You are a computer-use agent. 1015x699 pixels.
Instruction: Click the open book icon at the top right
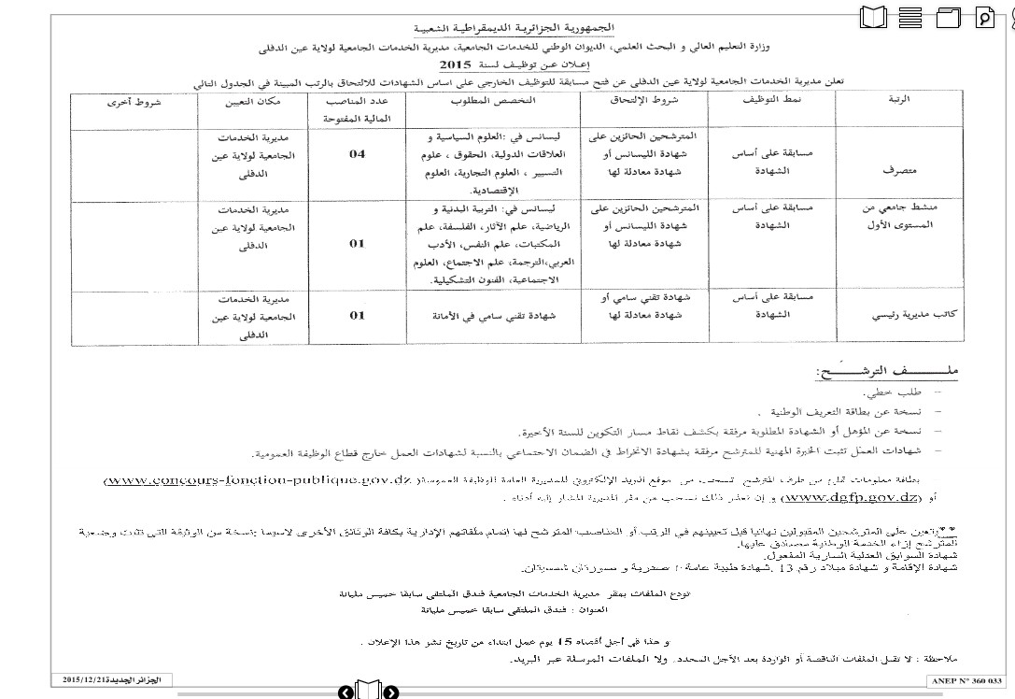click(x=873, y=17)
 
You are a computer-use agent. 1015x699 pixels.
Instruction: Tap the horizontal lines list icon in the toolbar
click(x=910, y=17)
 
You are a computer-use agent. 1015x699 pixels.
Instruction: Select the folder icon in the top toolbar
click(x=948, y=17)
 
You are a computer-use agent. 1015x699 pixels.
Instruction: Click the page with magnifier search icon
click(x=985, y=17)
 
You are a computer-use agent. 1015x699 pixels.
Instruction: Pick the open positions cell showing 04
click(x=358, y=154)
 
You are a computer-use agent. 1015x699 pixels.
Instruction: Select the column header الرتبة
click(x=901, y=98)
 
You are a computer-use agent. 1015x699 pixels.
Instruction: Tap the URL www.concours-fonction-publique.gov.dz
click(x=258, y=480)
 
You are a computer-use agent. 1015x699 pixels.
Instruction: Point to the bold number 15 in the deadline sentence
click(x=564, y=643)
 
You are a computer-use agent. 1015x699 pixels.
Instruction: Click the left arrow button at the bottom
click(x=345, y=692)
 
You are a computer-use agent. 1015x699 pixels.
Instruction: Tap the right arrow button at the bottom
click(x=391, y=692)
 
